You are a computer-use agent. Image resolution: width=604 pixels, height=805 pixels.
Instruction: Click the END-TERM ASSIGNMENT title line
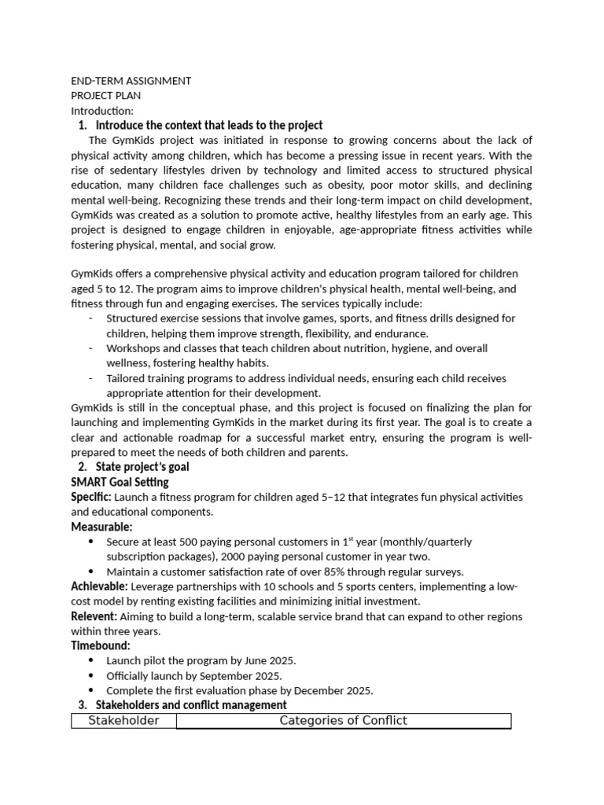point(131,81)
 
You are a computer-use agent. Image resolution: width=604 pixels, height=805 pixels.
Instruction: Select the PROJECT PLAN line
point(106,96)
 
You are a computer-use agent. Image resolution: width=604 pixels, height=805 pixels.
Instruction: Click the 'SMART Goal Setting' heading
point(120,482)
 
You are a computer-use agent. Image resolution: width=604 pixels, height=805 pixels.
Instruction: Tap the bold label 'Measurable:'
point(101,527)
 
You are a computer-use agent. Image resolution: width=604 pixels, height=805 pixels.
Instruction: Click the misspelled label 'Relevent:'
point(94,616)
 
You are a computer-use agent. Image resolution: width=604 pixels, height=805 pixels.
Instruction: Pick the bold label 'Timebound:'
point(101,645)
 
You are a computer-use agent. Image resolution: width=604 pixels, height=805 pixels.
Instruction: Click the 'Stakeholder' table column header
point(123,721)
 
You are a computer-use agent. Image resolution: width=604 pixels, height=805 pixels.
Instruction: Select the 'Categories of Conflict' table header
point(343,721)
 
